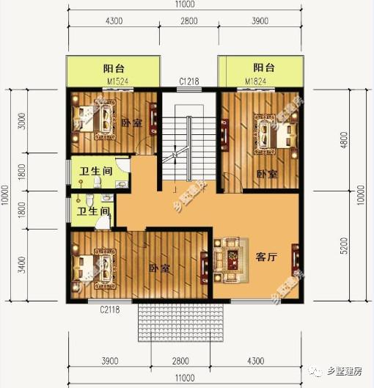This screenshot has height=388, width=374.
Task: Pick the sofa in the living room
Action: click(x=230, y=258)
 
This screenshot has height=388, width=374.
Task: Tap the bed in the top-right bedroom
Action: click(x=273, y=131)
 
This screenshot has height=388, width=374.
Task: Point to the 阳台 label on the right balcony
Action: click(x=263, y=68)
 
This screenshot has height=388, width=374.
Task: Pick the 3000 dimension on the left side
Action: click(x=22, y=120)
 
